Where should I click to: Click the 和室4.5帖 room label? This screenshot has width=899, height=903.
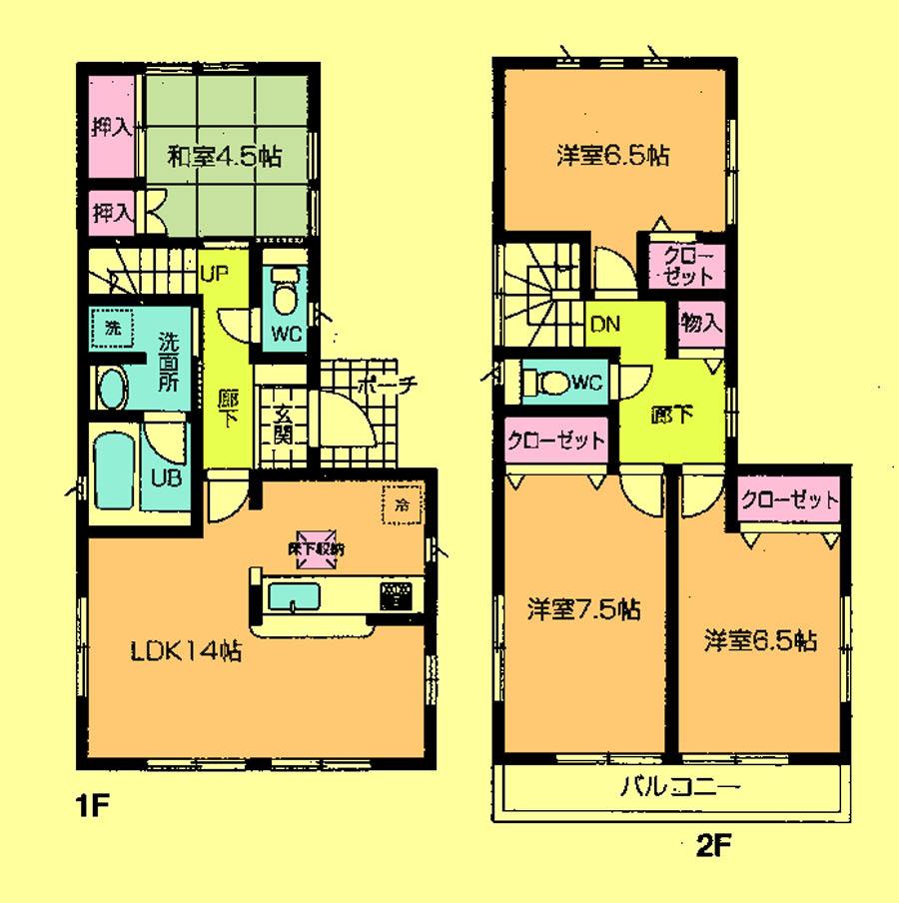click(x=223, y=157)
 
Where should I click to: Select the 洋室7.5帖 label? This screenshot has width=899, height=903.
click(x=583, y=608)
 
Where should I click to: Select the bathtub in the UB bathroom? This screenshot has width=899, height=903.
click(x=117, y=468)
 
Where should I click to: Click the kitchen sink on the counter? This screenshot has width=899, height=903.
click(x=295, y=598)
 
